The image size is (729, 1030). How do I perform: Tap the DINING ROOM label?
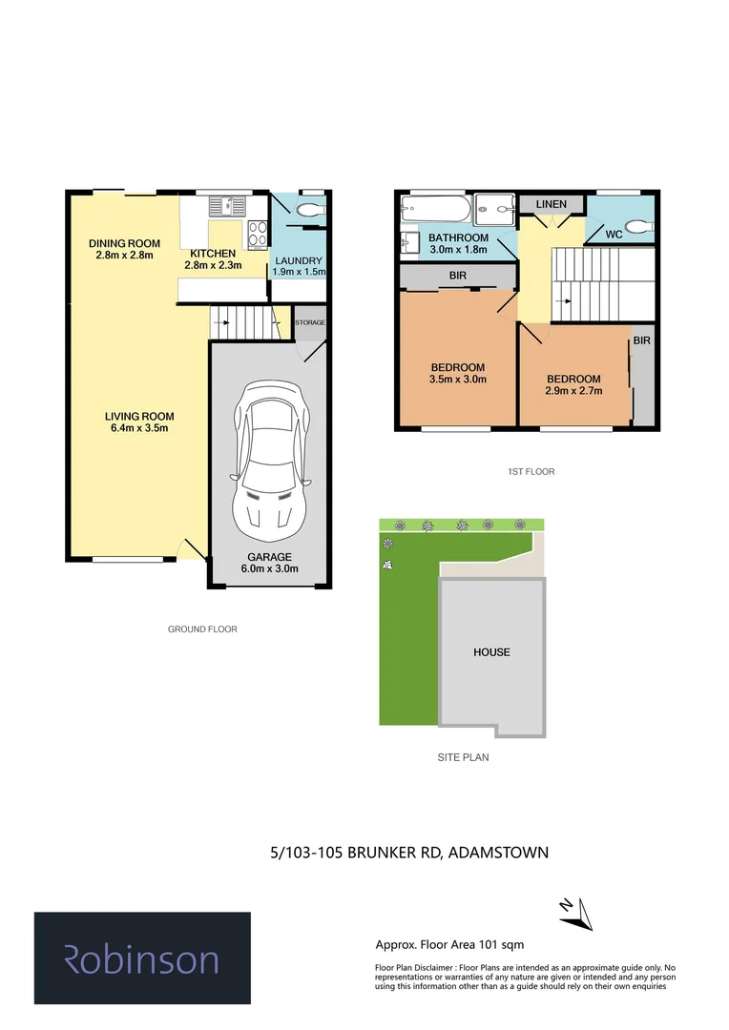124,243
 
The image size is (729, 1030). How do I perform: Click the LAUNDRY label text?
299,260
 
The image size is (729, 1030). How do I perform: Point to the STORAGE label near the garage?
309,323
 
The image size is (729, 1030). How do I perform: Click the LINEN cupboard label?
551,204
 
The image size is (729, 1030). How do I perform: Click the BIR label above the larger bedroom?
457,278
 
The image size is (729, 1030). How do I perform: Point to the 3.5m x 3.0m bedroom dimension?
458,379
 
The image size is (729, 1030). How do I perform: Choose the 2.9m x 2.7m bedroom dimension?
573,390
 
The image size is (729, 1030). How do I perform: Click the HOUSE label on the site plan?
491,652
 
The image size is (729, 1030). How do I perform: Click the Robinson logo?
142,958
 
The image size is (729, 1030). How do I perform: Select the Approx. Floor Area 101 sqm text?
449,945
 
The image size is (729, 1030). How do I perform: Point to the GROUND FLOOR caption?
202,629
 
